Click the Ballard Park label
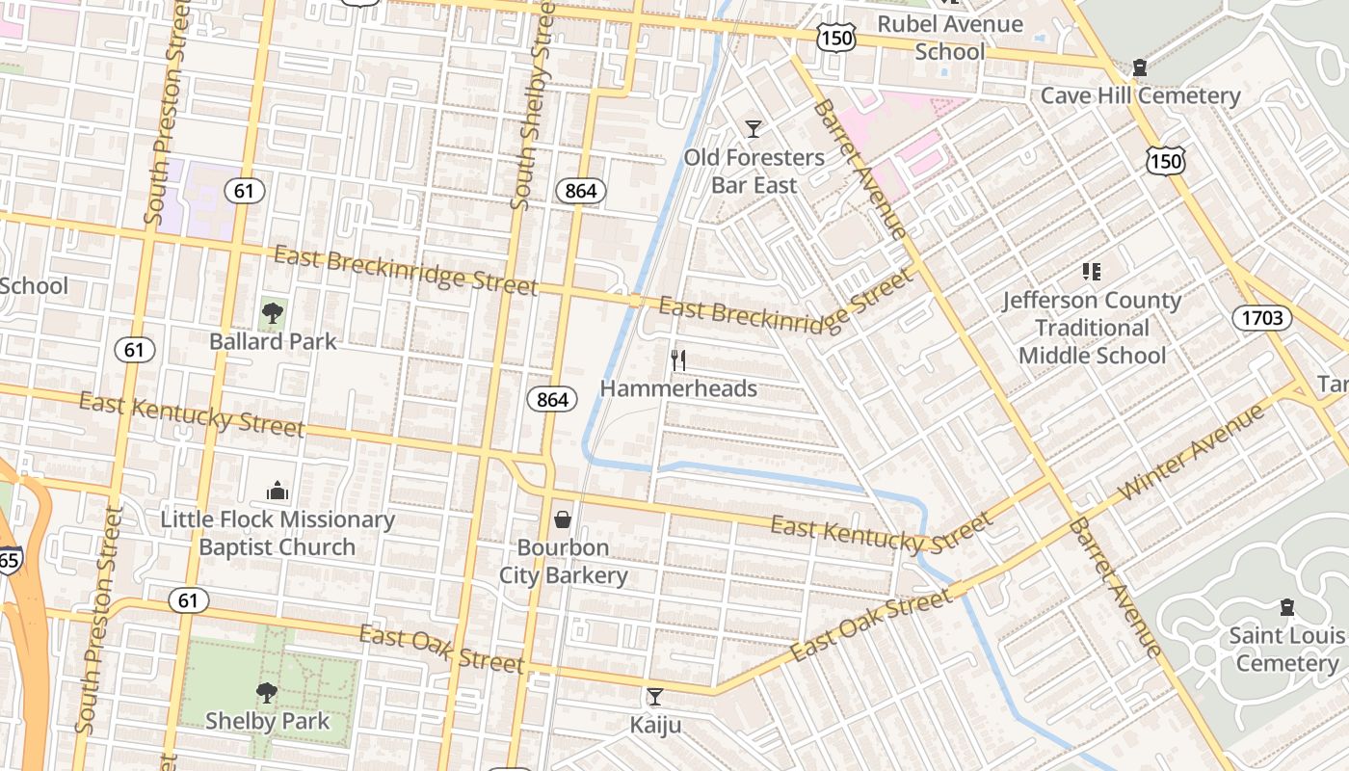click(274, 341)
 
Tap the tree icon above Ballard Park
click(273, 312)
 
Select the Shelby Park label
click(267, 721)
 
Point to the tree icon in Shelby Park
click(266, 692)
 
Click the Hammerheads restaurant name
click(678, 388)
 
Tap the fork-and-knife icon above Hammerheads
click(678, 360)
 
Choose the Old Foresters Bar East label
click(754, 171)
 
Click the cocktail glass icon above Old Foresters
click(754, 128)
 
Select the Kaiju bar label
click(655, 725)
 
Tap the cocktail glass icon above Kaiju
click(655, 696)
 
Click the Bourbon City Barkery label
click(564, 562)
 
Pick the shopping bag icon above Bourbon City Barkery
click(563, 520)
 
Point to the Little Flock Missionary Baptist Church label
click(278, 533)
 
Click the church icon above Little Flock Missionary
click(278, 492)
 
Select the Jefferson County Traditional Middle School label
click(1092, 328)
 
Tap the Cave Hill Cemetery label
click(1140, 95)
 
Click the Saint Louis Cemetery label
click(1286, 649)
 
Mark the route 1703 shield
click(1262, 317)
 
